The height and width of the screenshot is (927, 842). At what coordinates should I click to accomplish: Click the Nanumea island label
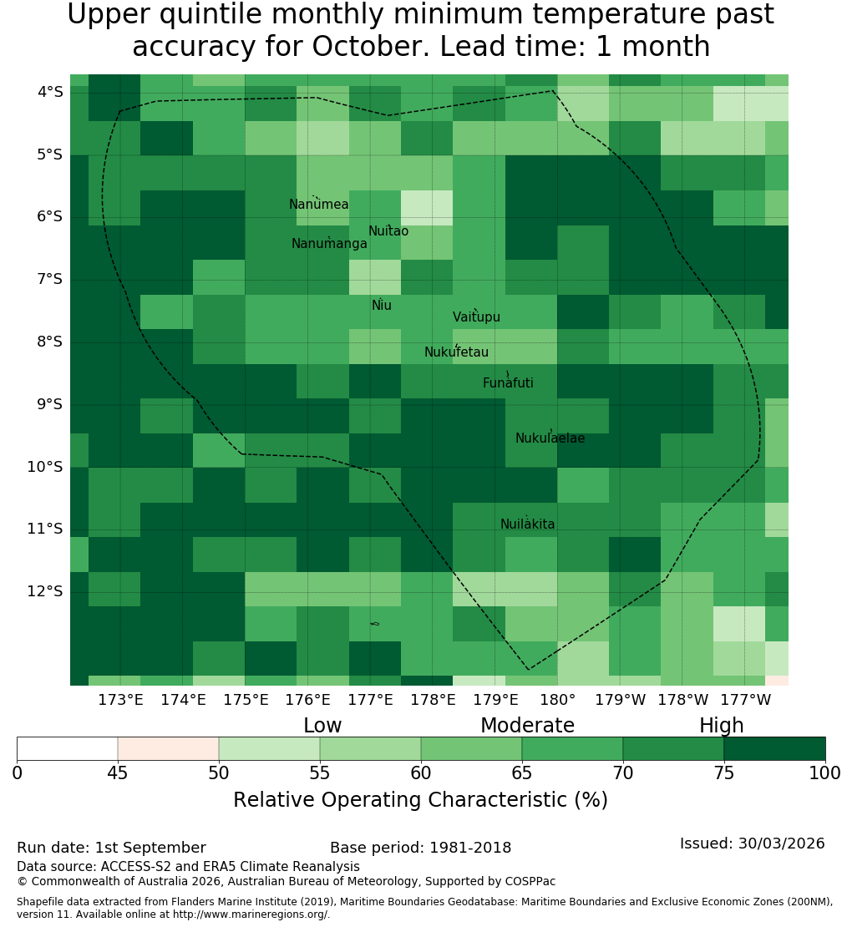tap(319, 205)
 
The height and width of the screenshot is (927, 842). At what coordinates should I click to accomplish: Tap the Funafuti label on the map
tap(508, 383)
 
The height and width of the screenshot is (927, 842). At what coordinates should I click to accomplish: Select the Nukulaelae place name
tap(550, 438)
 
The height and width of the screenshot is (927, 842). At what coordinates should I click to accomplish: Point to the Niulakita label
tap(527, 524)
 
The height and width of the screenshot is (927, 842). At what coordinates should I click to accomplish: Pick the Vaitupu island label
tap(477, 317)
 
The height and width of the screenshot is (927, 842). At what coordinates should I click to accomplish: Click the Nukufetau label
tap(456, 352)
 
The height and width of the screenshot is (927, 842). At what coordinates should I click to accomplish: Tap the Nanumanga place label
tap(329, 244)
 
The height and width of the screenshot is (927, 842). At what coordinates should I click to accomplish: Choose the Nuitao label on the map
tap(388, 231)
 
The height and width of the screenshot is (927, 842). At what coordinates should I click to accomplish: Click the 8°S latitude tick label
tap(49, 342)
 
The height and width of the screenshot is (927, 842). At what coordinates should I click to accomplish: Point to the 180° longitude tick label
tap(558, 700)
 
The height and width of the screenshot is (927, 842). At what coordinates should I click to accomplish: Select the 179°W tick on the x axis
tap(621, 700)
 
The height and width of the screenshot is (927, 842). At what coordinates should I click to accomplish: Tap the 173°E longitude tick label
tap(120, 700)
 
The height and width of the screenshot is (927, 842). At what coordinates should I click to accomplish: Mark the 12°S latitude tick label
tap(45, 591)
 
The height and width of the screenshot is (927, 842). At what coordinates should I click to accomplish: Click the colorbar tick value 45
tap(118, 772)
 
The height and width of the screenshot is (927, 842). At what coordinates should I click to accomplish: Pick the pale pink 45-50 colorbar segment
tap(169, 748)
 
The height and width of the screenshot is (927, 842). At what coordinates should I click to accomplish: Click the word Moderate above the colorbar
tap(527, 726)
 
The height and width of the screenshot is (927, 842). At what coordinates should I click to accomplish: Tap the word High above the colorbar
tap(722, 726)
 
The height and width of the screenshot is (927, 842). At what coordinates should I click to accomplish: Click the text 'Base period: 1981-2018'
tap(420, 848)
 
